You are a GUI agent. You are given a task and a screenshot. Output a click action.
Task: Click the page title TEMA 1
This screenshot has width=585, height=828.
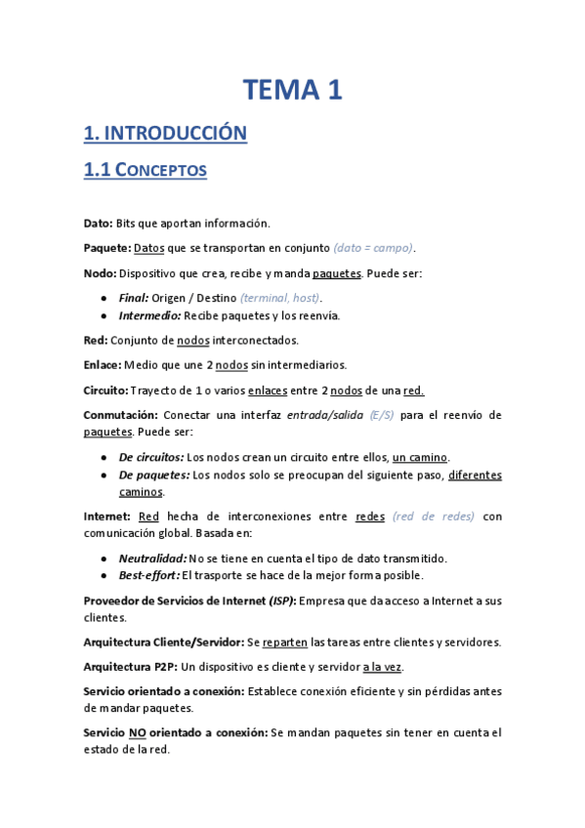(x=292, y=91)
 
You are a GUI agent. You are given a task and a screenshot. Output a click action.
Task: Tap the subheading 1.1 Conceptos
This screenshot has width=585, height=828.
(x=158, y=170)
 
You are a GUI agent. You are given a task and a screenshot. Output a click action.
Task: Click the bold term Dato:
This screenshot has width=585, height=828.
(x=99, y=223)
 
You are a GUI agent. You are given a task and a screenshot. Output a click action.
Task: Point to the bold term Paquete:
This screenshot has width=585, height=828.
(x=106, y=248)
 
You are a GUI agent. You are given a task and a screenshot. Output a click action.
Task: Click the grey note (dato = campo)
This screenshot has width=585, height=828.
(x=373, y=248)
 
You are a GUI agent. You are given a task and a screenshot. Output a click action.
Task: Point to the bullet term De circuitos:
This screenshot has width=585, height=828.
(x=151, y=457)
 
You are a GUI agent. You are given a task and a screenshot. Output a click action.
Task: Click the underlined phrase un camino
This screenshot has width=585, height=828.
(x=420, y=457)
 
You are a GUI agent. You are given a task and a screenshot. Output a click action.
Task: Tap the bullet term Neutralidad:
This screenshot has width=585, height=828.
(x=152, y=558)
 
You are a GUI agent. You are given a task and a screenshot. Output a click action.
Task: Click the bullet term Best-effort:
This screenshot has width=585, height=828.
(x=149, y=575)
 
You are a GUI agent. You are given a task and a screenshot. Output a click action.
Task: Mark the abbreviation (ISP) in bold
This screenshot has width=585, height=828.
(x=283, y=600)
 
